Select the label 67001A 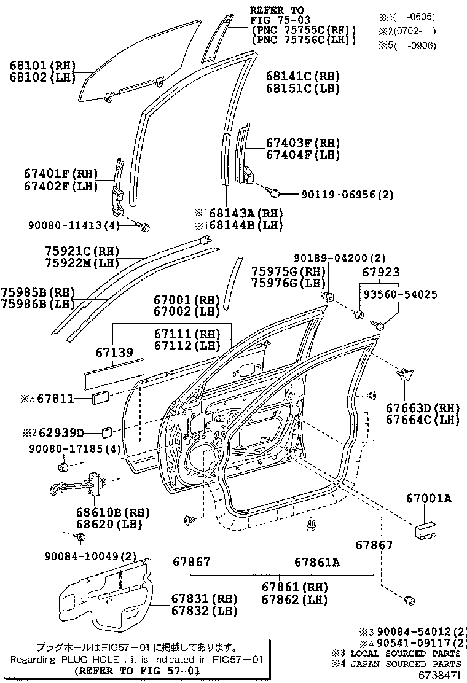coord(428,498)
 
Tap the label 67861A coord(316,562)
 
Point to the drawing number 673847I coord(439,675)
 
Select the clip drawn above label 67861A coord(314,523)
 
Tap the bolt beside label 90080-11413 coord(145,227)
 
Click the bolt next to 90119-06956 coord(276,193)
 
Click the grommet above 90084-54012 coord(408,602)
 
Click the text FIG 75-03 coord(276,20)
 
